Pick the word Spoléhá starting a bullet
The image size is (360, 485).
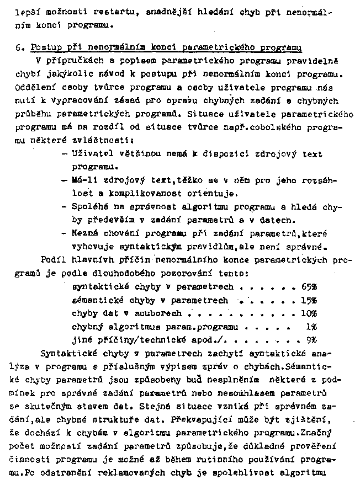pyautogui.click(x=90, y=206)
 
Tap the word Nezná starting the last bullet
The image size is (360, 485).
pyautogui.click(x=85, y=234)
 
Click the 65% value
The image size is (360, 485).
pyautogui.click(x=309, y=287)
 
